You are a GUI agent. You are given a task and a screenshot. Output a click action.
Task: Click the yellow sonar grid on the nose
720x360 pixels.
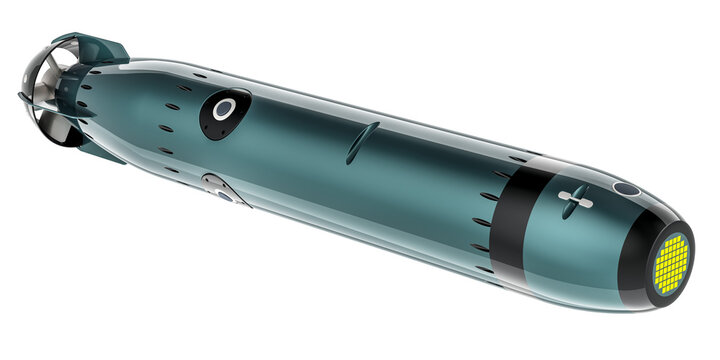pyautogui.click(x=671, y=263)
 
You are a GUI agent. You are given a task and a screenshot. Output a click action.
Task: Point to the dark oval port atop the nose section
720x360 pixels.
pyautogui.click(x=626, y=188)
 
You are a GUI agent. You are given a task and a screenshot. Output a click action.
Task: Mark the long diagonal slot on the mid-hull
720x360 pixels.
pyautogui.click(x=362, y=142)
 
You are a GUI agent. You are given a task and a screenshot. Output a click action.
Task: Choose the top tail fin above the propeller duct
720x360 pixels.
pyautogui.click(x=105, y=48)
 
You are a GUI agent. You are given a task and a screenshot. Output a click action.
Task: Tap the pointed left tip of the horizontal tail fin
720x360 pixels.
pyautogui.click(x=20, y=96)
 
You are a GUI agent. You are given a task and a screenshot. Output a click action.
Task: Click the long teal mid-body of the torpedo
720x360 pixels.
pyautogui.click(x=350, y=180)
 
